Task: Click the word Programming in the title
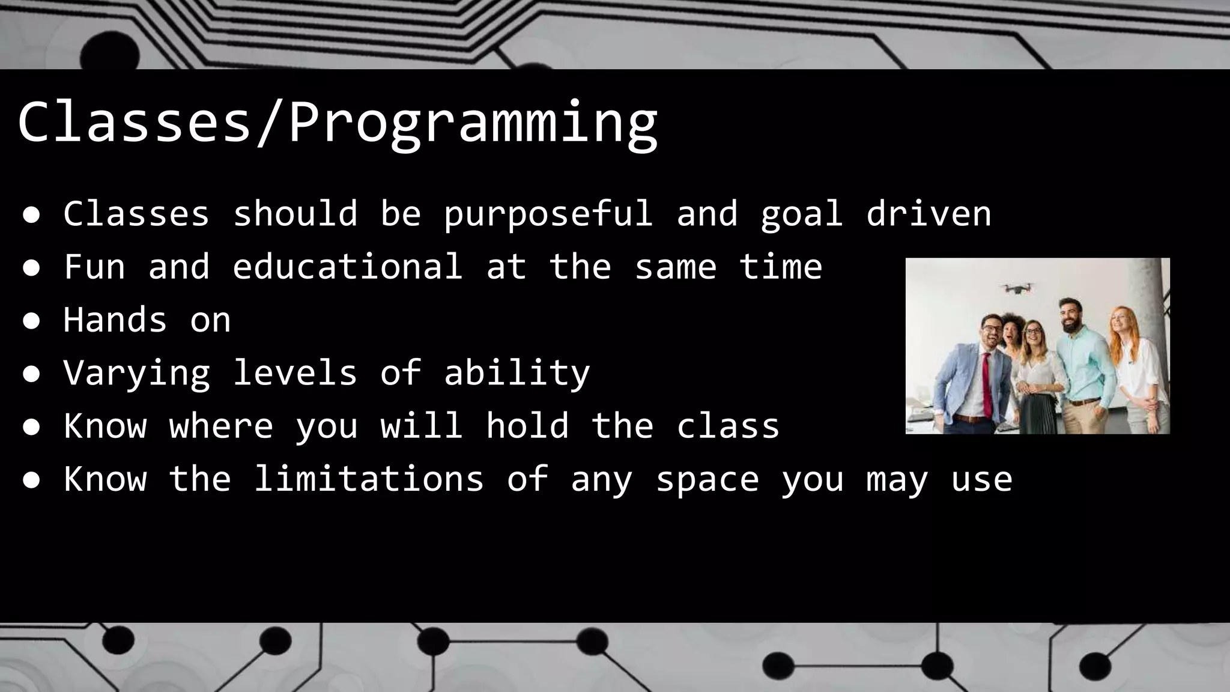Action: point(473,123)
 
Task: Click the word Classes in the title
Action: point(134,123)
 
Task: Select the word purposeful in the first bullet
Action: point(548,214)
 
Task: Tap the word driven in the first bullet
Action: point(929,214)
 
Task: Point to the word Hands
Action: point(115,320)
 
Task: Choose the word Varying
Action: point(137,374)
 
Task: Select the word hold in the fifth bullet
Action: point(527,426)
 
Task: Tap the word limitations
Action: point(368,479)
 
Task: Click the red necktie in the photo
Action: point(986,384)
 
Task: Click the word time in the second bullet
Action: point(780,267)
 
